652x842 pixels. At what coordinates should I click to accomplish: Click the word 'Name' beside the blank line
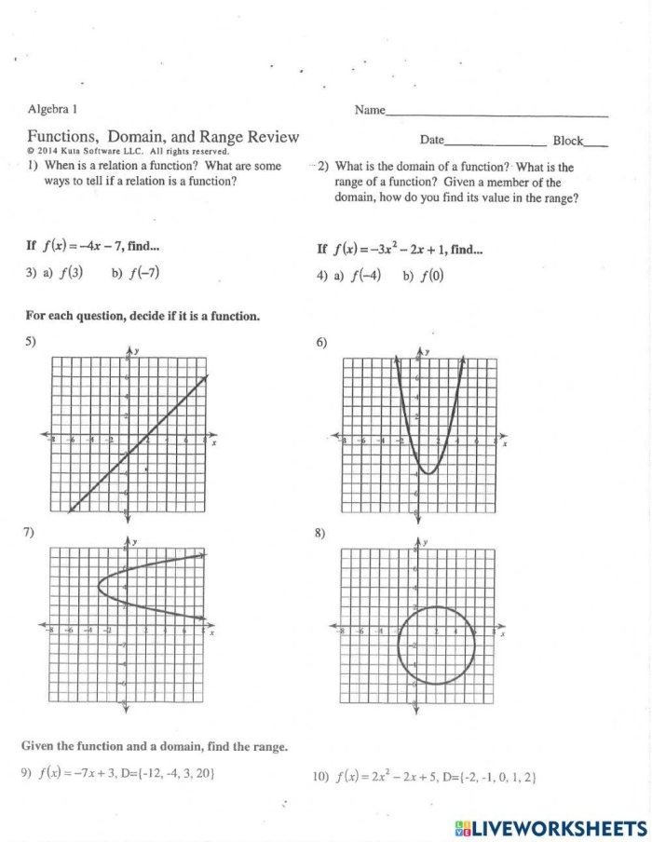point(370,111)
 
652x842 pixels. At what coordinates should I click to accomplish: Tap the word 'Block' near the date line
point(567,141)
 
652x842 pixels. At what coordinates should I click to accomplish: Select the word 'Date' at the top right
point(432,141)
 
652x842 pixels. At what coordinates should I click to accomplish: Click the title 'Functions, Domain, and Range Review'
point(163,137)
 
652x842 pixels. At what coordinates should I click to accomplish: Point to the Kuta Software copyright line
point(128,151)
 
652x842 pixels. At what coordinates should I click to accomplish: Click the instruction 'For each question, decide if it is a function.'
point(143,316)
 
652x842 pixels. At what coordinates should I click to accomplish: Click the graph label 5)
point(31,341)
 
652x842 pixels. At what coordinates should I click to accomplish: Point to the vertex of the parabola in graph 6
point(428,473)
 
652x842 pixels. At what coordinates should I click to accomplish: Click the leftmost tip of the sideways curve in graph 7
point(99,586)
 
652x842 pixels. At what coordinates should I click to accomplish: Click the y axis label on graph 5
point(137,351)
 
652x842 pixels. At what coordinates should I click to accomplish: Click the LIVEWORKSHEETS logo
point(550,827)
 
